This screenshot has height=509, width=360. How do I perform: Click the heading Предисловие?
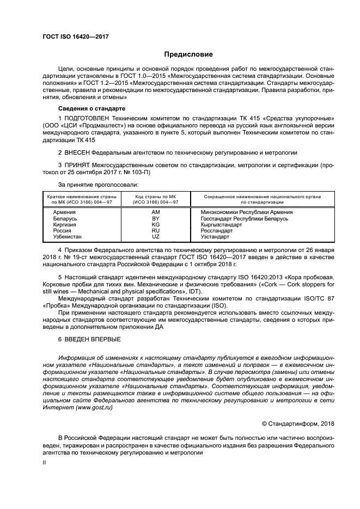pyautogui.click(x=189, y=54)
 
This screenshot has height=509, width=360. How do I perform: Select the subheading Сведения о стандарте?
pyautogui.click(x=89, y=109)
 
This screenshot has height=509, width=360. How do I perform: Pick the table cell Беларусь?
pyautogui.click(x=65, y=218)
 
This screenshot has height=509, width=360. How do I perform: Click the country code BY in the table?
pyautogui.click(x=156, y=218)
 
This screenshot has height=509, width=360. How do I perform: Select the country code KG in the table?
pyautogui.click(x=156, y=224)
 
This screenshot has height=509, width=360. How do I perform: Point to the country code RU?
pyautogui.click(x=156, y=231)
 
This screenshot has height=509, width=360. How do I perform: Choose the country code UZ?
pyautogui.click(x=156, y=237)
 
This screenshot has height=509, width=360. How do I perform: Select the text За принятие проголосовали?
pyautogui.click(x=91, y=185)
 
